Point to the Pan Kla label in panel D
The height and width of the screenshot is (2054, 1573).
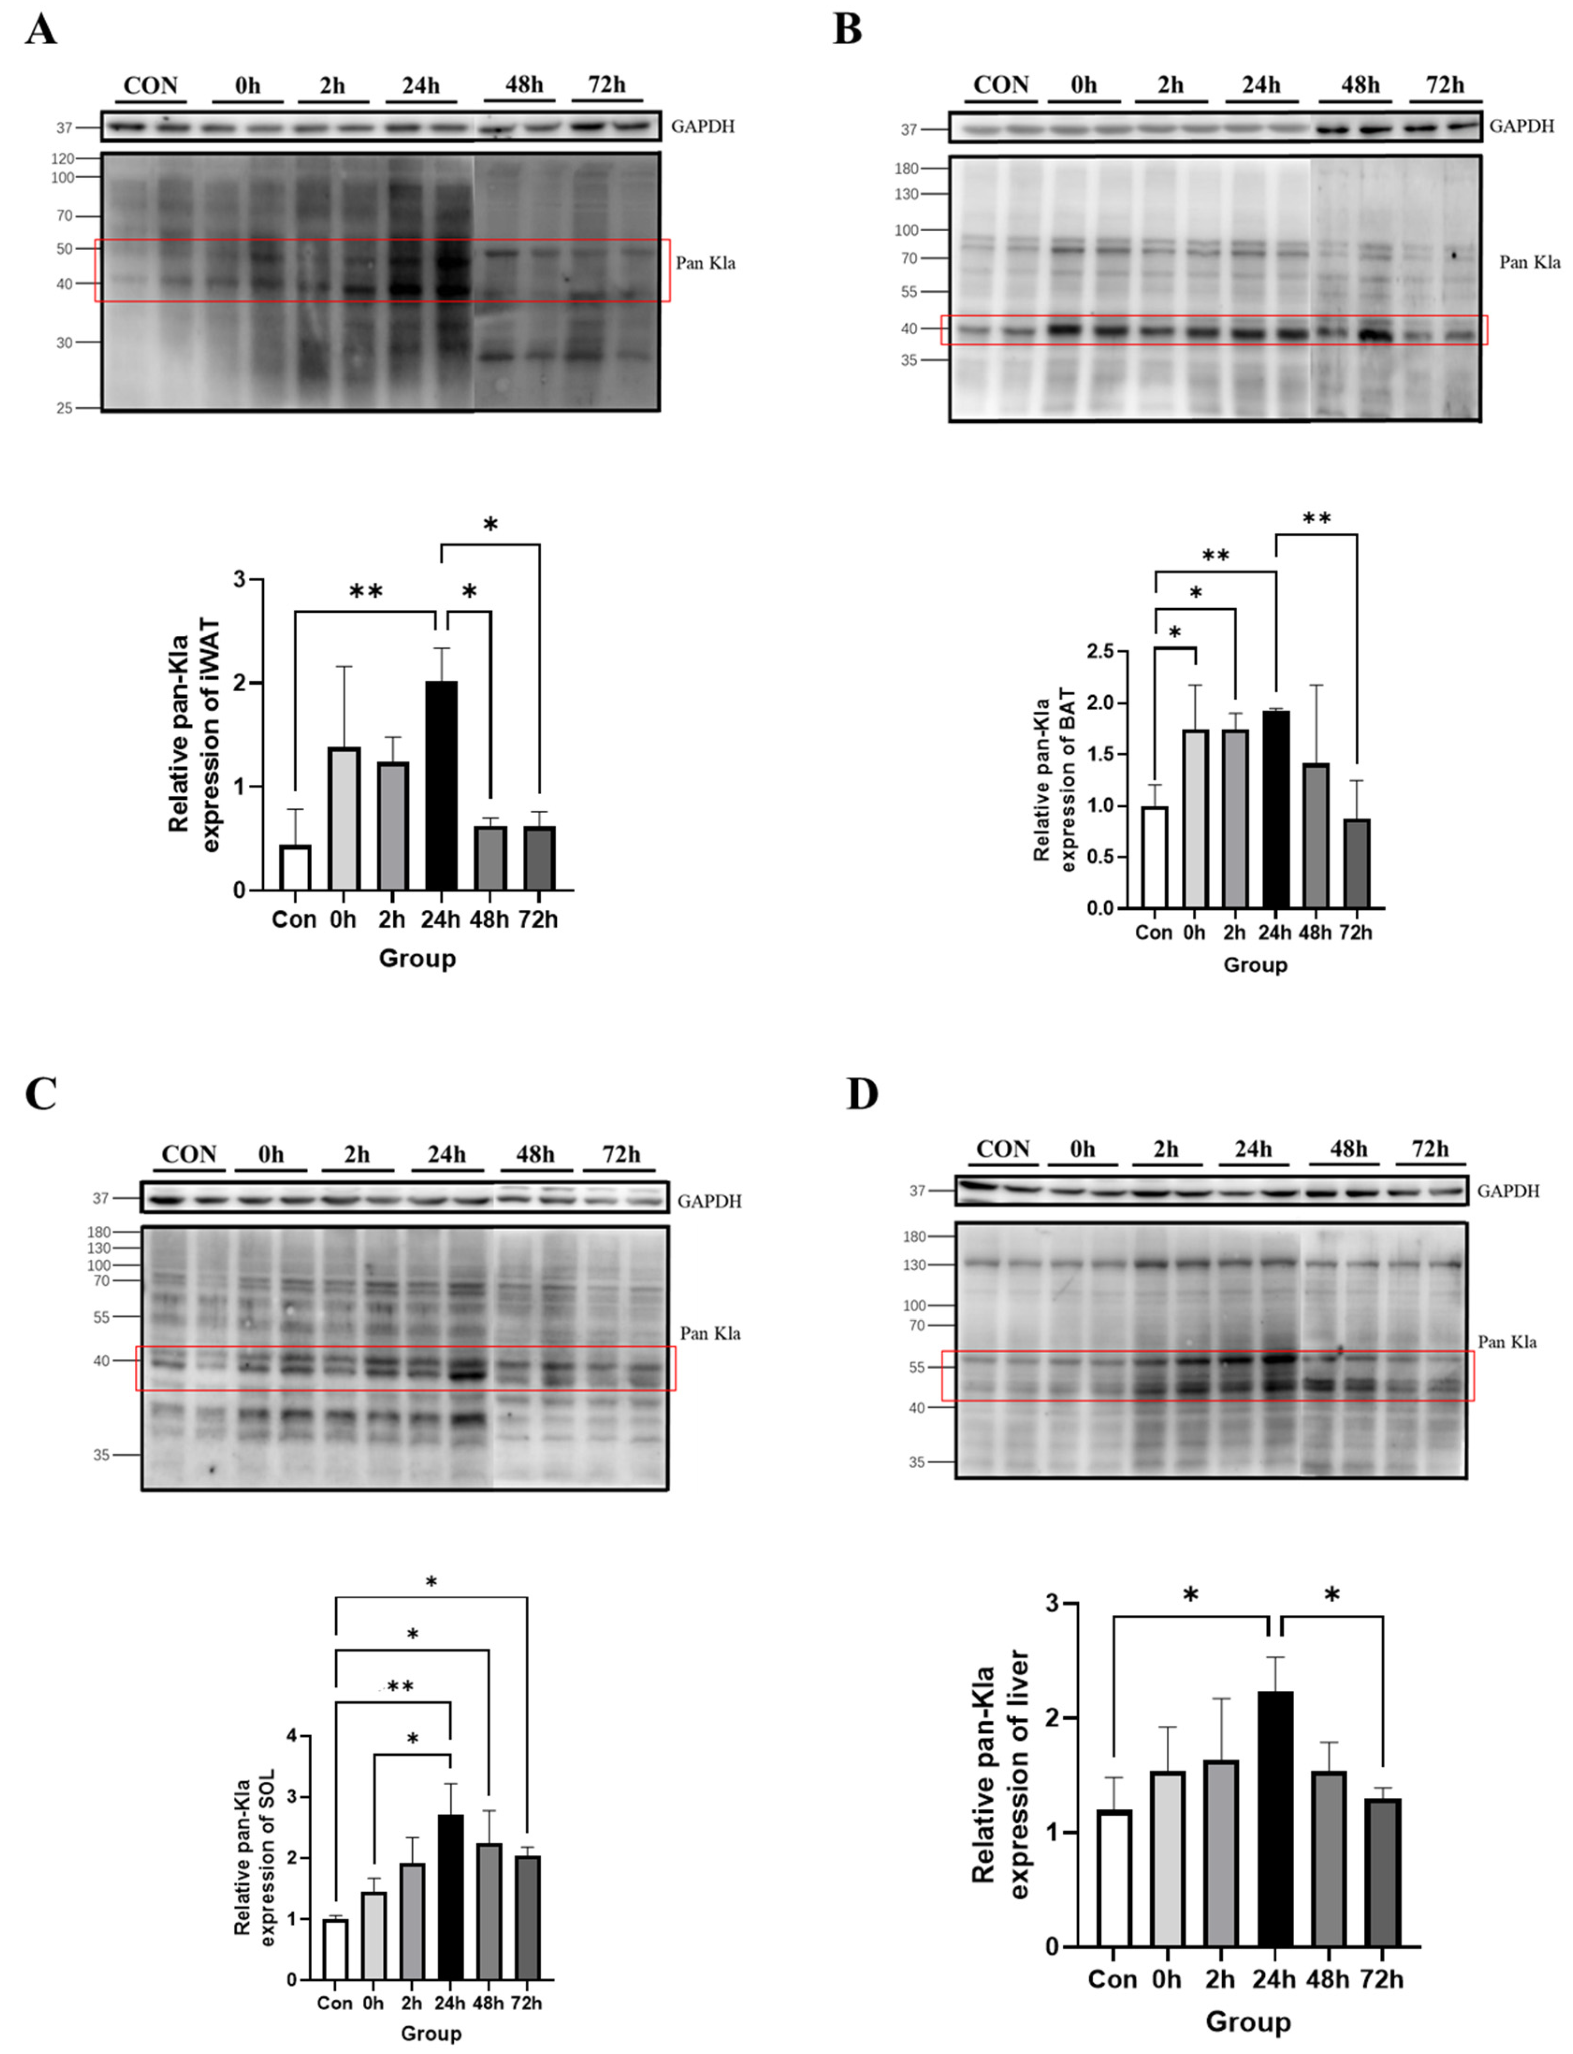pos(1506,1342)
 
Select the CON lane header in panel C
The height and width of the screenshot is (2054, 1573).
pos(188,1154)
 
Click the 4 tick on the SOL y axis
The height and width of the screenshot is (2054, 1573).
pos(291,1736)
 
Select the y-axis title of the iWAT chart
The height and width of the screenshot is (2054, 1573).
pos(194,734)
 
